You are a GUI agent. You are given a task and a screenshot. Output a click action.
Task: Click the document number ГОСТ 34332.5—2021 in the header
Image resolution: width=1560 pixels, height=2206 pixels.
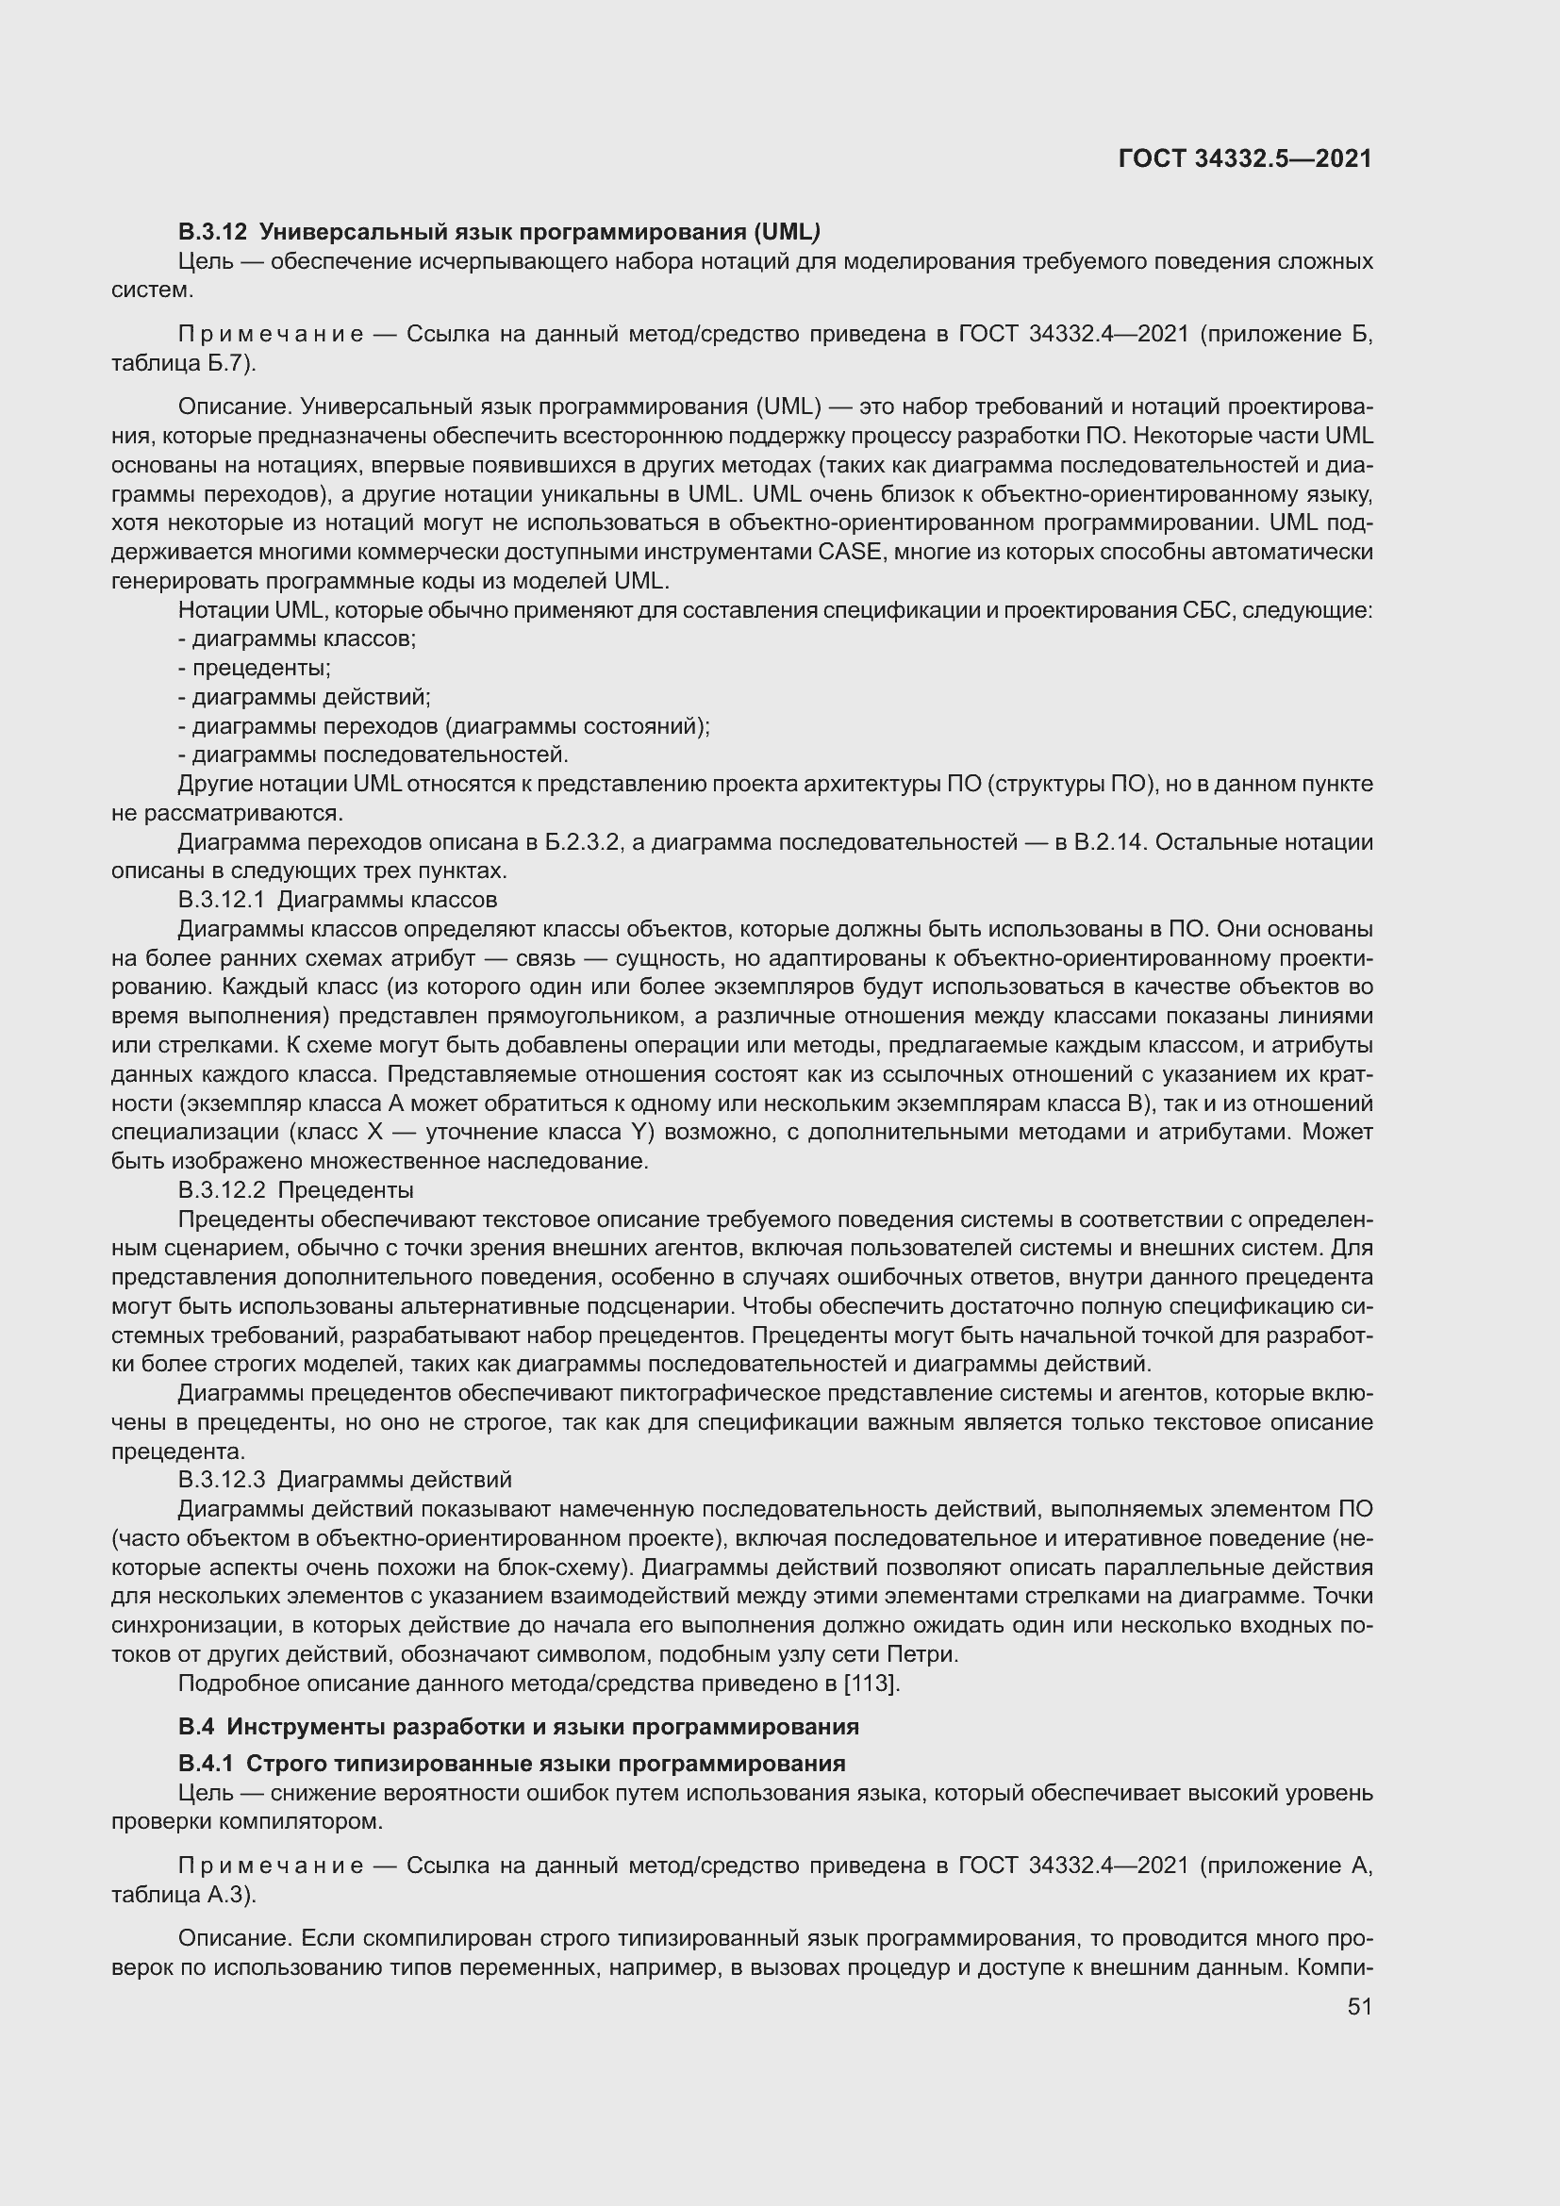tap(1245, 159)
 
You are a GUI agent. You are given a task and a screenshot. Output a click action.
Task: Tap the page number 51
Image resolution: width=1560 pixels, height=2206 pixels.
tap(1359, 2007)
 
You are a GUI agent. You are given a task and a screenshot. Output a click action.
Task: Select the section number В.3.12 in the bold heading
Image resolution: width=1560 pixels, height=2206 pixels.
tap(212, 232)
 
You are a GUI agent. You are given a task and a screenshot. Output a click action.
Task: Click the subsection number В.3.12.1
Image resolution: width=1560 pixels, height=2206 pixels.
tap(221, 901)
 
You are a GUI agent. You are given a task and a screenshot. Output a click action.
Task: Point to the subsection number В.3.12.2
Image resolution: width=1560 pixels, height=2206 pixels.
tap(221, 1190)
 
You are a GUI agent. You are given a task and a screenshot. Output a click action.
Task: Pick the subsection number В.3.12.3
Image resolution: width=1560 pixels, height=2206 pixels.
tap(221, 1480)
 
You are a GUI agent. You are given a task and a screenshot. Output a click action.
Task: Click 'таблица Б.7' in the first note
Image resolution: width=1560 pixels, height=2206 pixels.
tap(179, 363)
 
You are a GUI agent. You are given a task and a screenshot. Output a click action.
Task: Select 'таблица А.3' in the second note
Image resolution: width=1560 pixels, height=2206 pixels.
tap(179, 1895)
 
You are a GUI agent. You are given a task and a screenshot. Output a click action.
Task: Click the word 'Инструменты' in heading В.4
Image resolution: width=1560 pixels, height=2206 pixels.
tap(295, 1727)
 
